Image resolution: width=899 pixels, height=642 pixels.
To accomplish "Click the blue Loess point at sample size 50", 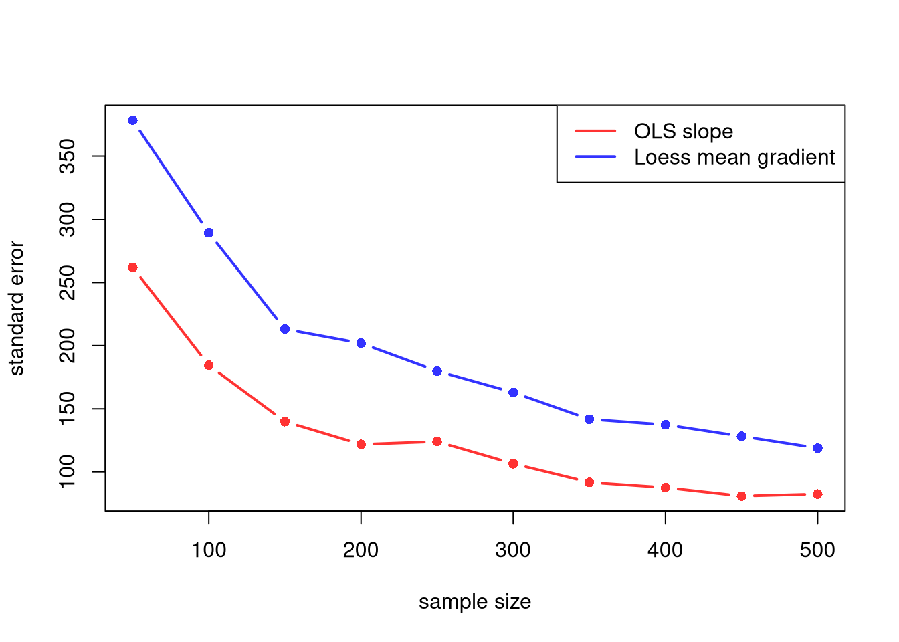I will [x=132, y=120].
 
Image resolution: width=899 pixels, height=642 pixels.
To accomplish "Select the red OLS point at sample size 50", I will [x=132, y=267].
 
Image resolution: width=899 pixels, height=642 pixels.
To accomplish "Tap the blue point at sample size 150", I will [x=285, y=329].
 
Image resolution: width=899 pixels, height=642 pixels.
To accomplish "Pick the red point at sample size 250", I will [x=437, y=441].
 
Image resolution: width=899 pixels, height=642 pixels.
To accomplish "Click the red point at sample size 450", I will [x=741, y=496].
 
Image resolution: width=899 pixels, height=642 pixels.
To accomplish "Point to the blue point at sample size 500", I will [x=817, y=448].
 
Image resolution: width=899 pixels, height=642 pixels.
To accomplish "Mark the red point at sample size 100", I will [x=209, y=365].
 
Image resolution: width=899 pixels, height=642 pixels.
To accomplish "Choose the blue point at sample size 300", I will [x=513, y=393].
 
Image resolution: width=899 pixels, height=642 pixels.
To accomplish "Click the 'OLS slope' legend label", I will [x=683, y=132].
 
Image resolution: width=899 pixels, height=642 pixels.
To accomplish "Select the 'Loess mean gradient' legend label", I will [x=734, y=157].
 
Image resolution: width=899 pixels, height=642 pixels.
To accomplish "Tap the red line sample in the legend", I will [x=595, y=132].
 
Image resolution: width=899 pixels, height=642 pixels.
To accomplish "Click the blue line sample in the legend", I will [x=595, y=157].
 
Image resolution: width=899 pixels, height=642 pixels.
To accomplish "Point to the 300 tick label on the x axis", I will [x=513, y=550].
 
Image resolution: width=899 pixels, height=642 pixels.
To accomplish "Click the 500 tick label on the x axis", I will [x=817, y=550].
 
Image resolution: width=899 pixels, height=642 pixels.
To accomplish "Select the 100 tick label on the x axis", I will [x=209, y=550].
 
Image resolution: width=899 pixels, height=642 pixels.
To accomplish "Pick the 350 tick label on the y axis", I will [x=68, y=156].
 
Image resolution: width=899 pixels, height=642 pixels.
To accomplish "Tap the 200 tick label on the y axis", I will [x=68, y=346].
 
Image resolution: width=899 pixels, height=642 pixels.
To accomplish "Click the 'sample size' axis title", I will [x=475, y=602].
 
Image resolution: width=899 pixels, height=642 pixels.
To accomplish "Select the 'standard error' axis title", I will [x=17, y=308].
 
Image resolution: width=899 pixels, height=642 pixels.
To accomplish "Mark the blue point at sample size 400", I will [x=665, y=425].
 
